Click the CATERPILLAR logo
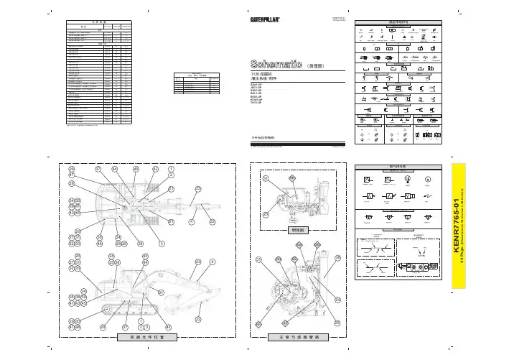point(270,20)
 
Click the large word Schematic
point(276,63)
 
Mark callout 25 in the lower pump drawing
point(337,323)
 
